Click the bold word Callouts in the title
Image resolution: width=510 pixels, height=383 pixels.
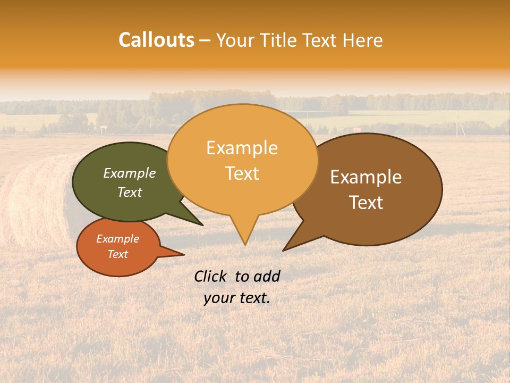click(156, 40)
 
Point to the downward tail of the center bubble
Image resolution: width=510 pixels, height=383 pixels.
click(244, 231)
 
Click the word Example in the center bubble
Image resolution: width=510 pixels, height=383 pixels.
click(242, 148)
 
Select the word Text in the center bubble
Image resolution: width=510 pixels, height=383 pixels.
click(242, 173)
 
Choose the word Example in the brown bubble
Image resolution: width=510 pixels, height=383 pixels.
click(366, 177)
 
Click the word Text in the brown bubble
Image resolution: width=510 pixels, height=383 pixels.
click(366, 203)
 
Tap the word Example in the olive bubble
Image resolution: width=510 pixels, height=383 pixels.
click(129, 173)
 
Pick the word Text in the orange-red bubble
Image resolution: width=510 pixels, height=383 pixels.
click(118, 254)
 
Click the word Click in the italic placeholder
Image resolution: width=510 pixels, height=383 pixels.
click(210, 276)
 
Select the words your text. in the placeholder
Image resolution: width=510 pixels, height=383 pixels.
click(236, 298)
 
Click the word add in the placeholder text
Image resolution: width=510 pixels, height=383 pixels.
click(267, 276)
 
